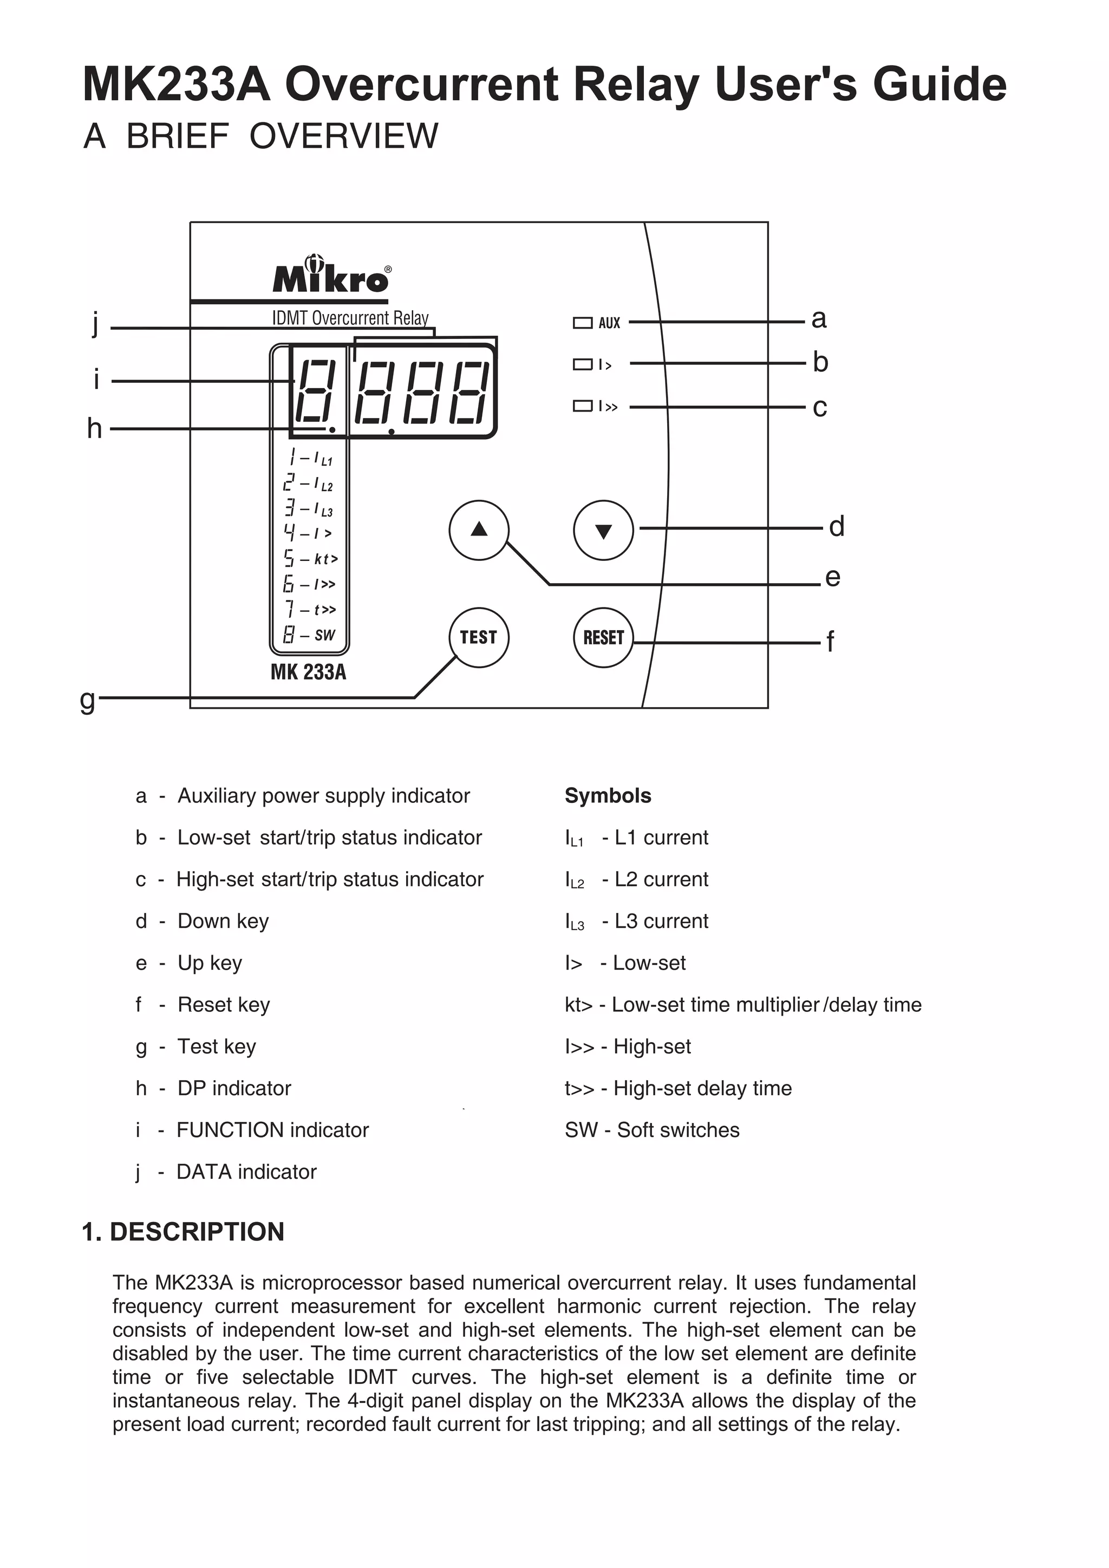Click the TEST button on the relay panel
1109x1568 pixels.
(479, 637)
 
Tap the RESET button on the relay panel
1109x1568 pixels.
(604, 637)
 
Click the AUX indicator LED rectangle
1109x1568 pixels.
(583, 322)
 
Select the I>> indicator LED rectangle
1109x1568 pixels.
(583, 406)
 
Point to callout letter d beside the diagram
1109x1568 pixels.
(837, 526)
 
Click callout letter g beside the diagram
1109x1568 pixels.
(87, 700)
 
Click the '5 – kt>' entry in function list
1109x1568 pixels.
(311, 559)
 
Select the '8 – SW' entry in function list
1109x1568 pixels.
(309, 635)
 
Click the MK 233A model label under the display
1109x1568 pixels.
(308, 672)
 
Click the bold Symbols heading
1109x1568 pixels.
(608, 795)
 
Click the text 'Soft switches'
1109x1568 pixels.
(678, 1129)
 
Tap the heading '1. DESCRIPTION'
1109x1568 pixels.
(183, 1232)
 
